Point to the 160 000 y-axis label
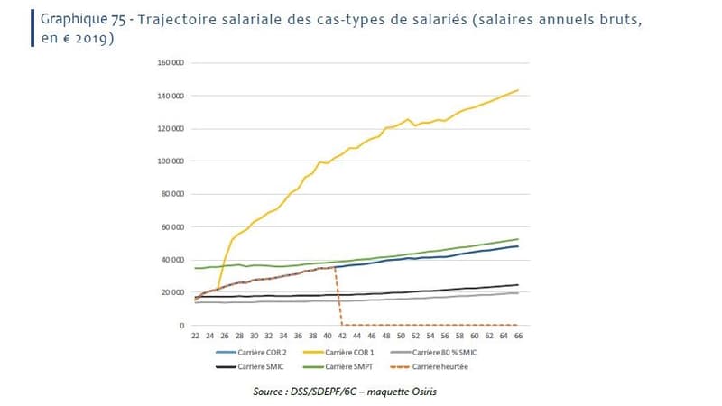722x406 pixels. pos(171,63)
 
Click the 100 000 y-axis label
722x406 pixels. pos(171,161)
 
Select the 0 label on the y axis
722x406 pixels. pos(182,326)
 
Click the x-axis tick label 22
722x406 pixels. pos(195,336)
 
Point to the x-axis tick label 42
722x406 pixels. pos(342,336)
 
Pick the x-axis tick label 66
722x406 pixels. pos(517,336)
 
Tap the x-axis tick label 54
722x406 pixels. pos(430,336)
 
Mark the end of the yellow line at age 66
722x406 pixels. pos(517,90)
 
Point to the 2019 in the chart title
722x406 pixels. pos(95,41)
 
